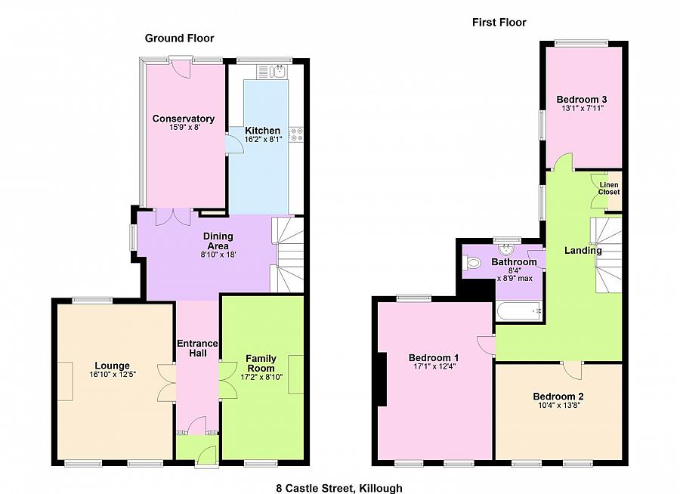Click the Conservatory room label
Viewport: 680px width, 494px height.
click(x=184, y=119)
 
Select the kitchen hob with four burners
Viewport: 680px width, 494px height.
click(x=297, y=134)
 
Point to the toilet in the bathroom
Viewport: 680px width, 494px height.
click(x=471, y=263)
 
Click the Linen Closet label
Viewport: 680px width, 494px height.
click(x=609, y=189)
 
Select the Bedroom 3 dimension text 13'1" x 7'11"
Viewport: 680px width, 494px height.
click(x=583, y=109)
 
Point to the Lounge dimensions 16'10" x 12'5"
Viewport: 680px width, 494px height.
click(x=113, y=375)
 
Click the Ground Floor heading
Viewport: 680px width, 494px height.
click(x=179, y=39)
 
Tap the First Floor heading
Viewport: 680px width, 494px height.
click(x=499, y=23)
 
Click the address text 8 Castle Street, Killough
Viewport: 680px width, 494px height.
click(x=339, y=489)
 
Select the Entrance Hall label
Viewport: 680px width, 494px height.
click(x=197, y=348)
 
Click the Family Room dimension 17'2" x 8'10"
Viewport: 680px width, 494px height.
click(x=261, y=378)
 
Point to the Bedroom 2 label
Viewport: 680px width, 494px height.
click(x=558, y=397)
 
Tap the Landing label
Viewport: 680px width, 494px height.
click(x=583, y=251)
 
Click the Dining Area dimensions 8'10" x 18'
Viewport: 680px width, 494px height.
click(x=218, y=255)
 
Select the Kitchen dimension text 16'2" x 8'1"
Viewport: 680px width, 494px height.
click(x=263, y=140)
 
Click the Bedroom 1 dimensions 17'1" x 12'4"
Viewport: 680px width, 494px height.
click(x=434, y=366)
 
